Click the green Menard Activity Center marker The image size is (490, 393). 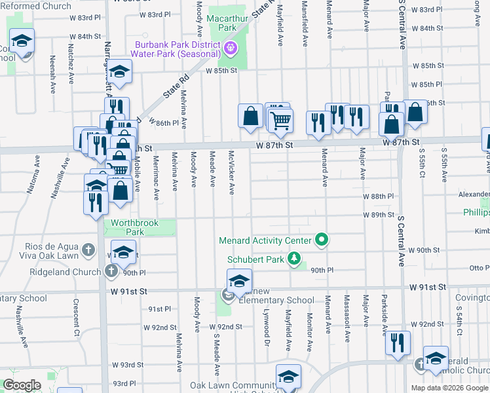pos(322,240)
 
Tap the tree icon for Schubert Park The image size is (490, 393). pos(295,259)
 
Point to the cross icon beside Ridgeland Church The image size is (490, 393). pos(111,271)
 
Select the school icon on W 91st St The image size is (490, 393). pos(240,281)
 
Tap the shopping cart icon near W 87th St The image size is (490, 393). pos(281,120)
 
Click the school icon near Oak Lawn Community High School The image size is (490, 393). pos(288,377)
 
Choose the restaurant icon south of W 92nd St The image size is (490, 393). pos(398,343)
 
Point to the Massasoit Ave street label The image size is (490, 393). pos(347,326)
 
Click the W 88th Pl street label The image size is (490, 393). pos(379,196)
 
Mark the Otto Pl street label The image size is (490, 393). pos(476,268)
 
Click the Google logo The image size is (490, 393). pos(22,385)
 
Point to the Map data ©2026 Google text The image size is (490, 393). pos(449,388)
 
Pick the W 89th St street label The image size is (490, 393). pos(379,215)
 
